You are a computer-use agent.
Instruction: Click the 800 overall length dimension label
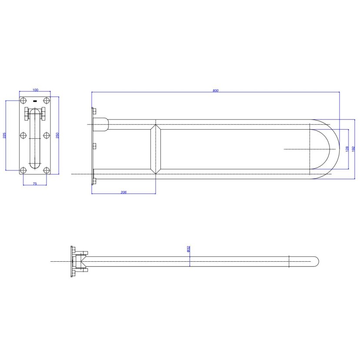(x=215, y=90)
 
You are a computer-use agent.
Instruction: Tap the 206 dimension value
(x=123, y=192)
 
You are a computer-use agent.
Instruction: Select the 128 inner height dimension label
(x=347, y=149)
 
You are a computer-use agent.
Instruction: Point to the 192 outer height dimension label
(x=353, y=149)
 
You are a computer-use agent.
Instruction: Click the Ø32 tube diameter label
(x=188, y=249)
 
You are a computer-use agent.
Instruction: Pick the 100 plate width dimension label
(x=35, y=90)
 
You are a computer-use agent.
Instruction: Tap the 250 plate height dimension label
(x=58, y=135)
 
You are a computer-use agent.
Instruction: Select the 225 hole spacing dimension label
(x=4, y=135)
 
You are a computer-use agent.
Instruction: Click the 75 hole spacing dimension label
(x=35, y=183)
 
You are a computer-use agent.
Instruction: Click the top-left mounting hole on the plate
(x=23, y=100)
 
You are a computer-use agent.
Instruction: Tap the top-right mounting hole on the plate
(x=47, y=100)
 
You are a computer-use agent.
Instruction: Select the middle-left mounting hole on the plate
(x=23, y=135)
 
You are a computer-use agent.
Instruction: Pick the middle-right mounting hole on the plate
(x=47, y=135)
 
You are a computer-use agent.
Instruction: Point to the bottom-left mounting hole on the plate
(x=23, y=170)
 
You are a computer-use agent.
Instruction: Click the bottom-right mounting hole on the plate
(x=47, y=170)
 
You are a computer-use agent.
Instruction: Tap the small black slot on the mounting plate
(x=35, y=101)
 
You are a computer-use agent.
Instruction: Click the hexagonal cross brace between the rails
(x=156, y=149)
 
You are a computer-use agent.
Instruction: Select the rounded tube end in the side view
(x=316, y=261)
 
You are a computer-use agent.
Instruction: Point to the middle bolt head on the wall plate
(x=94, y=146)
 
